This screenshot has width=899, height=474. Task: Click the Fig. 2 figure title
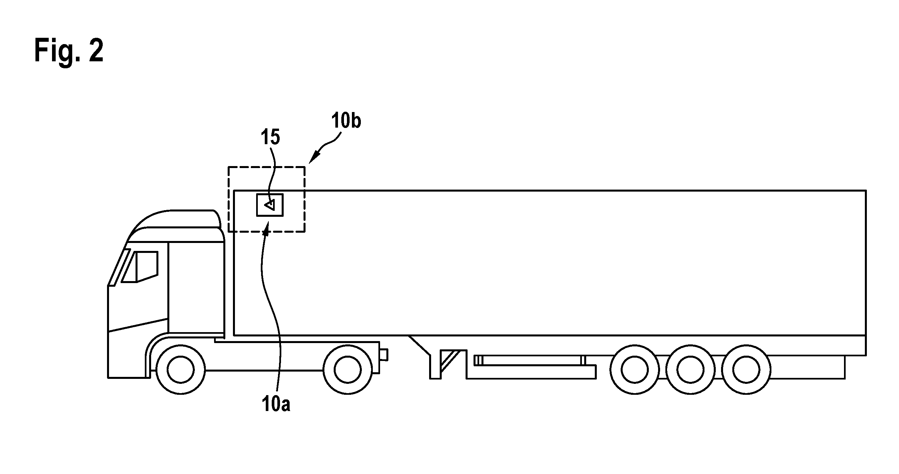point(69,51)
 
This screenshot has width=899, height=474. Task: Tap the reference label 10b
point(346,121)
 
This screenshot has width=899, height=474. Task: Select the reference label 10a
point(276,404)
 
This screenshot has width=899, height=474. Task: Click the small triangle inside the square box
point(270,205)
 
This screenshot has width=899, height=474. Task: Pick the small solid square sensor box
point(270,205)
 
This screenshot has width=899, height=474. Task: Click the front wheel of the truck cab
point(180,370)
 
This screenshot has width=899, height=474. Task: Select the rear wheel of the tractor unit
point(348,370)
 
